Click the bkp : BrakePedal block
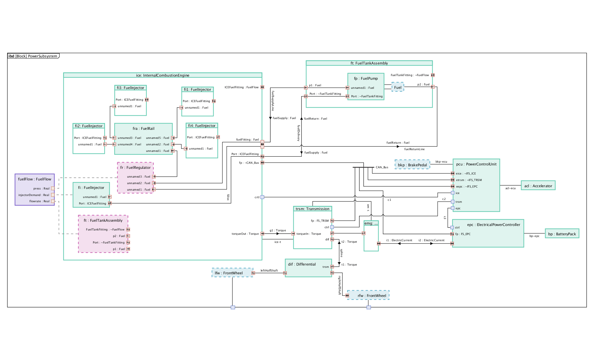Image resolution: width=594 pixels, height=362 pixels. (412, 165)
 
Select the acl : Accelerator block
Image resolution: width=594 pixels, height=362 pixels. (538, 186)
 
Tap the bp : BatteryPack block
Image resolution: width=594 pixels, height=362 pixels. (562, 234)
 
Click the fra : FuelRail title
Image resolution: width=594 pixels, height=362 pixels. (143, 129)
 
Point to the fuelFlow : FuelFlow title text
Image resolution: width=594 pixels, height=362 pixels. (35, 179)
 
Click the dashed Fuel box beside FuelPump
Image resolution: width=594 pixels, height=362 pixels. (398, 87)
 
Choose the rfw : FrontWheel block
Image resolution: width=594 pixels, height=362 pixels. (368, 296)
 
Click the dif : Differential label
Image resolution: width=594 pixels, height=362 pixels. (302, 264)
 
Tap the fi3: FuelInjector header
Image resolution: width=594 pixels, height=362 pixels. (130, 88)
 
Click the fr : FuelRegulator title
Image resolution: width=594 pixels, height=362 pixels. (135, 168)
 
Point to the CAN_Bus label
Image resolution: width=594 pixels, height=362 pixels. (382, 167)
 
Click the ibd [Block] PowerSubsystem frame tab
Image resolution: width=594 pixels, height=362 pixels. (33, 56)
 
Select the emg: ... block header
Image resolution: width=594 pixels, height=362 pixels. (371, 223)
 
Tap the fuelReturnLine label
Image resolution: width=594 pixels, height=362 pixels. (414, 149)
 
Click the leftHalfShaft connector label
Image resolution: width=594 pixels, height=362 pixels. (269, 271)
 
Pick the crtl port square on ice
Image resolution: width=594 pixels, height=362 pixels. (262, 197)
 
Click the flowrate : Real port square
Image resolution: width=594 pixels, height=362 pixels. (53, 201)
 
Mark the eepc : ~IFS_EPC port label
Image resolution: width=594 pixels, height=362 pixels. (467, 187)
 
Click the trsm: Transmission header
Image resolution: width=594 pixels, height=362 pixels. (312, 209)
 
